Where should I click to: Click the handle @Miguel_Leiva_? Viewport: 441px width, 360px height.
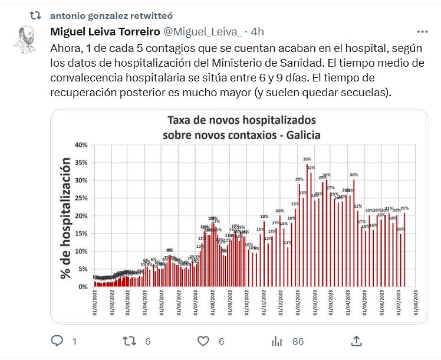(202, 31)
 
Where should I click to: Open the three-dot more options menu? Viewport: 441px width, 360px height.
(422, 31)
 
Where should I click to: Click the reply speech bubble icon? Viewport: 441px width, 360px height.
(57, 341)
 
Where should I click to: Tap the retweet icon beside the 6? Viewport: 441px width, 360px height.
(129, 341)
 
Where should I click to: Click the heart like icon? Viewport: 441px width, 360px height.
(203, 341)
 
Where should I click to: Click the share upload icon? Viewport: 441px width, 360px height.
(356, 341)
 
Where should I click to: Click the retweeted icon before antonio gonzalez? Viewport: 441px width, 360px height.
(36, 14)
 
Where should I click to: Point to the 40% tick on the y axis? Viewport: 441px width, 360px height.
(81, 145)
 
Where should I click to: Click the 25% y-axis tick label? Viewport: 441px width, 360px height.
(81, 198)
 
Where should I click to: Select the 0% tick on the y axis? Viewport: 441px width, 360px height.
(83, 287)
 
